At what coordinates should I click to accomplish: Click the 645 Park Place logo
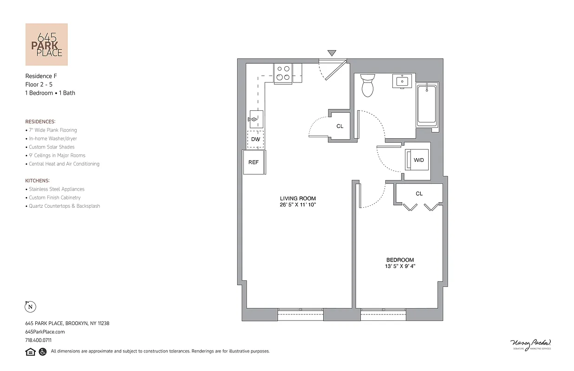click(x=46, y=45)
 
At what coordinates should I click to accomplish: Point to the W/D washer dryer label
click(x=418, y=160)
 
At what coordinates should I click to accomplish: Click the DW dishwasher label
click(x=255, y=139)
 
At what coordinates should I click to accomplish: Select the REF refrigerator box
click(x=254, y=162)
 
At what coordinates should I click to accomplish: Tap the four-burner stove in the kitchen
click(x=283, y=73)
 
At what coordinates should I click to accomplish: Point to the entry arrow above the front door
click(x=332, y=53)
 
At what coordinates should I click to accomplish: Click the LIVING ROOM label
click(x=298, y=198)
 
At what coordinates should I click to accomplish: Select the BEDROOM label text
click(x=400, y=260)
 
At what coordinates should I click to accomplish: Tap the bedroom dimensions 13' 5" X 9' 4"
click(x=400, y=267)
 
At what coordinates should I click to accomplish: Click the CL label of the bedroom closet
click(x=419, y=194)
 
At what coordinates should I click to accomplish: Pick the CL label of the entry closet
click(x=340, y=126)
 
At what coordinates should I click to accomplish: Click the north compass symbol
click(x=30, y=307)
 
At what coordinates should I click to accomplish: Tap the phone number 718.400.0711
click(x=38, y=340)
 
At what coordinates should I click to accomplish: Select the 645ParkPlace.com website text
click(x=45, y=332)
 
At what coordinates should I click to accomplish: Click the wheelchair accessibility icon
click(x=43, y=352)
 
